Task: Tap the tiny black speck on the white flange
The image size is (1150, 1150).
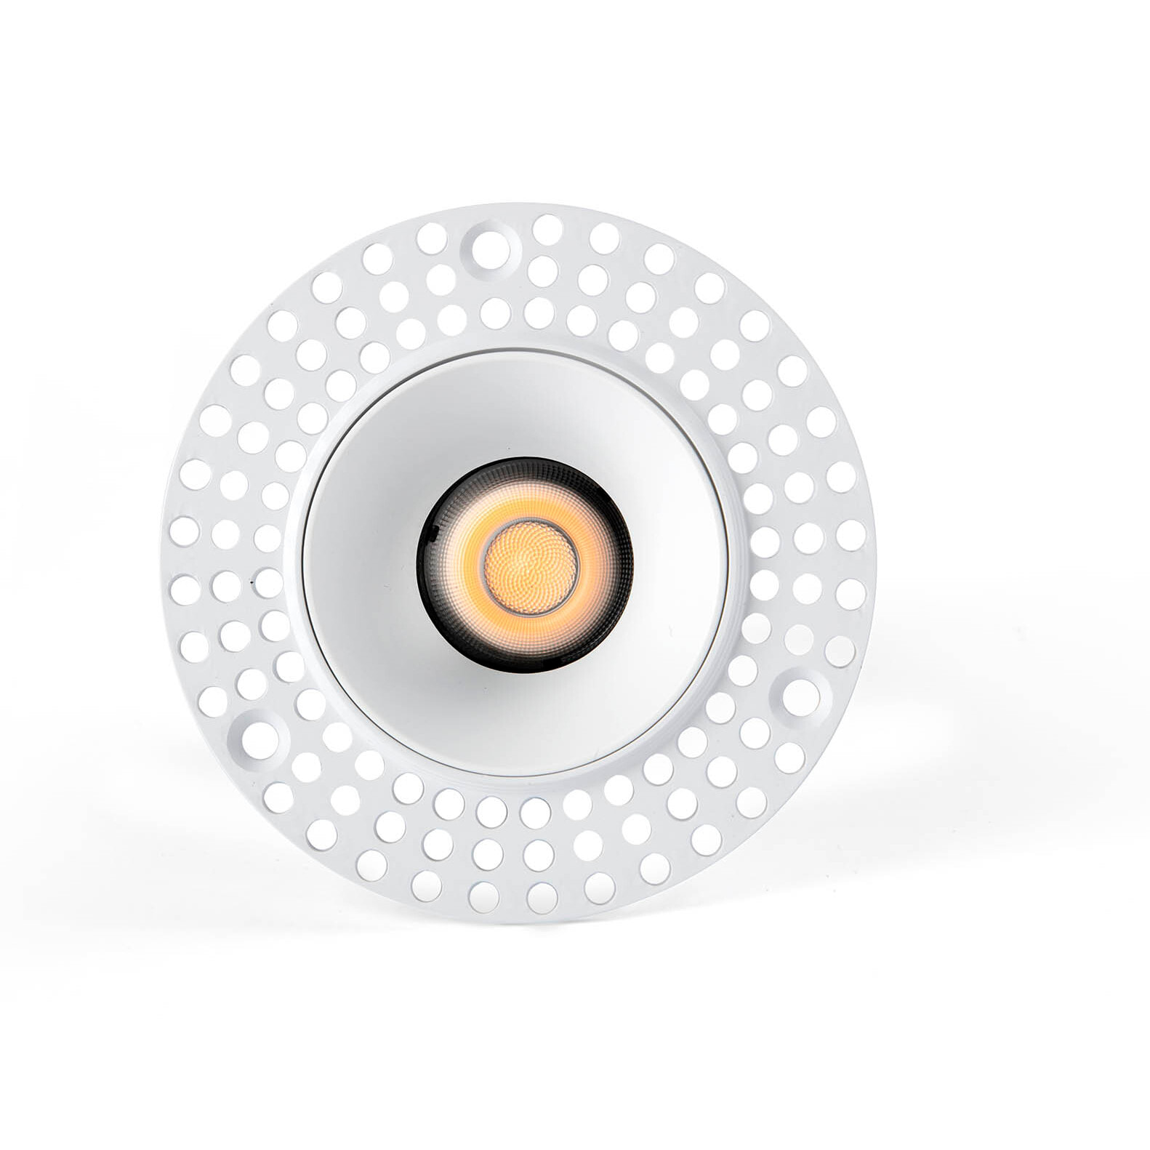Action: (x=252, y=582)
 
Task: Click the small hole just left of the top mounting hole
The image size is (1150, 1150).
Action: (x=433, y=236)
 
